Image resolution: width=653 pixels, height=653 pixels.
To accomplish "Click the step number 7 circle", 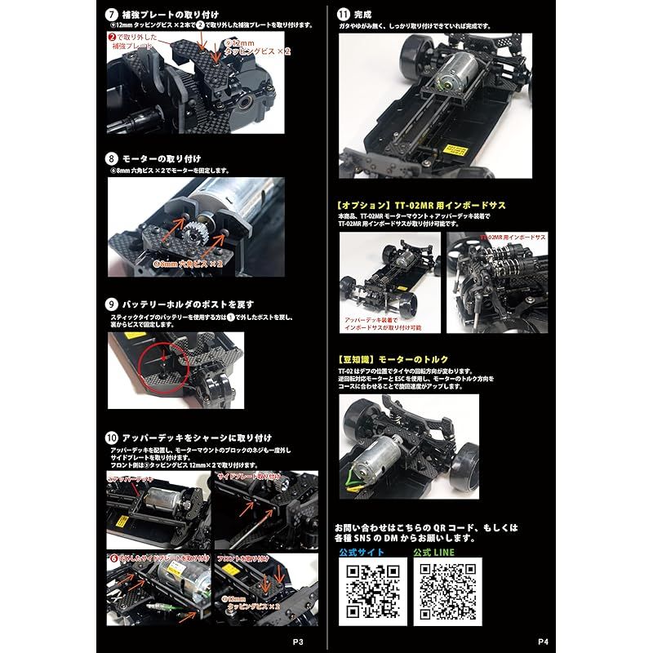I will [x=113, y=15].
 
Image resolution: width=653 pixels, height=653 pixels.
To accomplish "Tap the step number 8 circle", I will [x=113, y=158].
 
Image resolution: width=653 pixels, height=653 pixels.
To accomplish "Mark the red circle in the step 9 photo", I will [x=161, y=358].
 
